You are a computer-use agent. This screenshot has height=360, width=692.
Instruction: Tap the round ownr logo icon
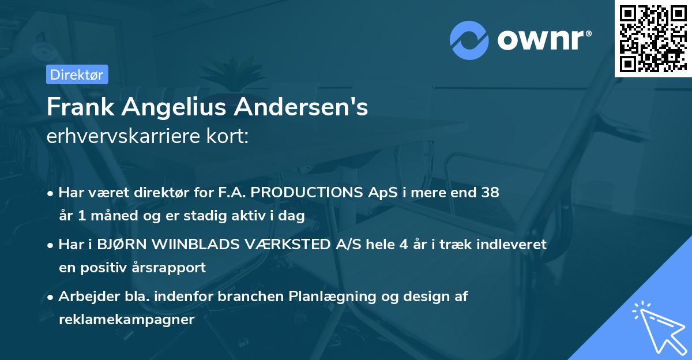pyautogui.click(x=469, y=40)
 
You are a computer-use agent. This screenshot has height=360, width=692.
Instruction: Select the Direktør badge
pyautogui.click(x=77, y=74)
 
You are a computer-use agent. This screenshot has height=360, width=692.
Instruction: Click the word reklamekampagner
pyautogui.click(x=126, y=320)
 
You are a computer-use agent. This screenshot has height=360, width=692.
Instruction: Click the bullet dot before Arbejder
pyautogui.click(x=51, y=297)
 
